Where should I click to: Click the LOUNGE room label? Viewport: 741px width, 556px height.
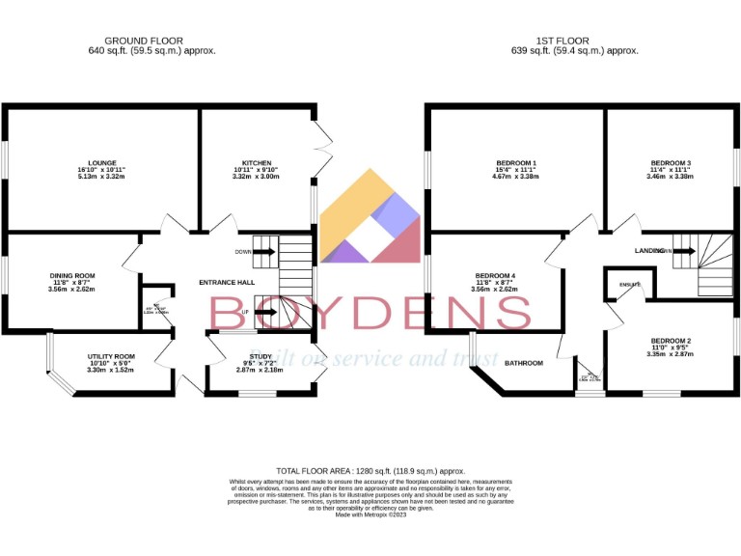point(101,162)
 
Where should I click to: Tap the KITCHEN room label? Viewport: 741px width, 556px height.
point(257,162)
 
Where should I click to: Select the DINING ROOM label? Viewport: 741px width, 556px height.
point(72,275)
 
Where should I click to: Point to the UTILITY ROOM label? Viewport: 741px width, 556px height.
point(111,356)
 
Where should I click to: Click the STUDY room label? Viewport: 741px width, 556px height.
point(233,356)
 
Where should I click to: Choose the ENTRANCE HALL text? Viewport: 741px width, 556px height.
point(227,282)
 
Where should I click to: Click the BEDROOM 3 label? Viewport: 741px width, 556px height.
point(671,162)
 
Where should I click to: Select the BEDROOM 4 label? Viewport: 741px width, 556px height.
point(494,275)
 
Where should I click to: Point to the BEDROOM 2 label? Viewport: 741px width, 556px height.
point(671,341)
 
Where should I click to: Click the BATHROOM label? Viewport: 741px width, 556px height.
point(524,363)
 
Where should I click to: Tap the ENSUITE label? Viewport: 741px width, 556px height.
point(629,285)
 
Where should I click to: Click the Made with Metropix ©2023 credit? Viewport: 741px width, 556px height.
point(370,514)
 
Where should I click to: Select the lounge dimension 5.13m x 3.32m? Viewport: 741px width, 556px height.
point(101,177)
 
